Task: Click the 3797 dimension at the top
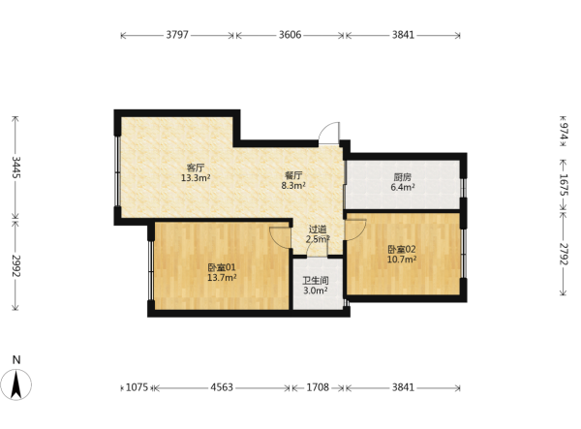tap(177, 35)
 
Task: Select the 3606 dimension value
tap(290, 35)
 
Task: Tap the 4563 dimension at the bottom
tap(222, 387)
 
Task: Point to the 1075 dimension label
tap(138, 387)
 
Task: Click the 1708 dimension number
tap(318, 387)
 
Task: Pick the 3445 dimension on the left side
tap(15, 168)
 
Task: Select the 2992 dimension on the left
tap(15, 265)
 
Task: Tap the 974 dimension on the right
tap(564, 132)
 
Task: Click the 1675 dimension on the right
tap(564, 185)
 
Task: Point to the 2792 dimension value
tap(564, 254)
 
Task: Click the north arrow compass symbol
tap(15, 384)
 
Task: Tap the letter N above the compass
tap(16, 359)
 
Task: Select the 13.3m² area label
tap(196, 178)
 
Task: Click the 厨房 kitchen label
tap(403, 177)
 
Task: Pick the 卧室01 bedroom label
tap(222, 267)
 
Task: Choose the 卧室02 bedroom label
tap(402, 249)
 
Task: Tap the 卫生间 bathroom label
tap(316, 281)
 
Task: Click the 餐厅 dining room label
tap(293, 175)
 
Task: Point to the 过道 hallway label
tap(318, 230)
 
